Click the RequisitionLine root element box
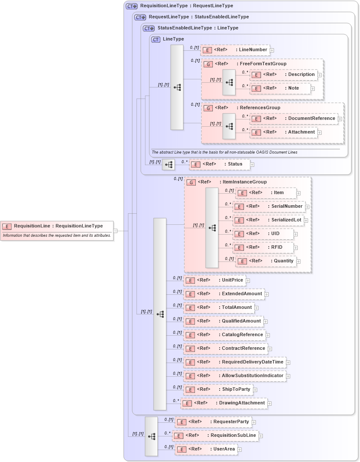57,226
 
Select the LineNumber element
235,50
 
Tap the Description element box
283,75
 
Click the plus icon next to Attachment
319,133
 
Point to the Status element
219,164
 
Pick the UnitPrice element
214,280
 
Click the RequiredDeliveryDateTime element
234,362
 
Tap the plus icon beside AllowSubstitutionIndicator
288,376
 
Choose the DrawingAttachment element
224,403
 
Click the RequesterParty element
213,422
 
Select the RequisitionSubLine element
215,436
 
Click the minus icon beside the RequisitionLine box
116,231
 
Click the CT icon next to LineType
156,39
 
